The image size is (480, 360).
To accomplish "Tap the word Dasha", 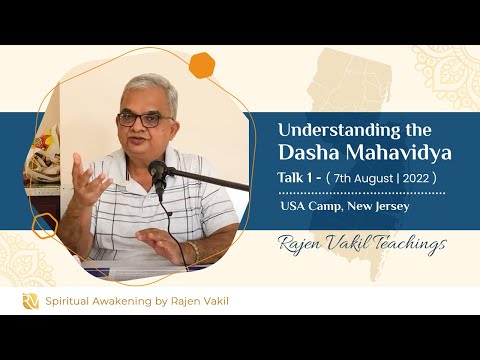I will [x=309, y=153].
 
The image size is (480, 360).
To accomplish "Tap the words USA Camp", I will [x=313, y=207].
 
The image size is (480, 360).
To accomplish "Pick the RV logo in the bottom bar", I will [x=31, y=300].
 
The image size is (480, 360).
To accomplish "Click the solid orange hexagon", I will [x=203, y=65].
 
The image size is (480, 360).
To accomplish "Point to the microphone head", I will [x=158, y=172].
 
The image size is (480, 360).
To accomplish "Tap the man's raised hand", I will [x=88, y=180].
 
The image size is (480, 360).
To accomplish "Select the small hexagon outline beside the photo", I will [x=42, y=226].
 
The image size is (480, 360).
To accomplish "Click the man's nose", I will [x=147, y=127].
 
